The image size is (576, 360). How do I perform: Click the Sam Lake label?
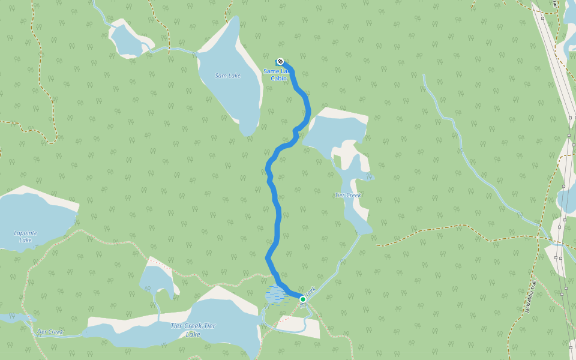tap(228, 76)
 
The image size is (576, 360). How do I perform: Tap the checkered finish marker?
tap(280, 61)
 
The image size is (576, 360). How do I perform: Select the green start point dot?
tap(303, 299)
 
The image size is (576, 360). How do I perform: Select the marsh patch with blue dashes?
tap(275, 295)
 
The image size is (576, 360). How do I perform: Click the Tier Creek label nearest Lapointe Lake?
tap(50, 332)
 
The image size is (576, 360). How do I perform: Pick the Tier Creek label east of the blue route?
tap(347, 195)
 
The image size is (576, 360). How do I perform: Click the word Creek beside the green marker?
tap(310, 292)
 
